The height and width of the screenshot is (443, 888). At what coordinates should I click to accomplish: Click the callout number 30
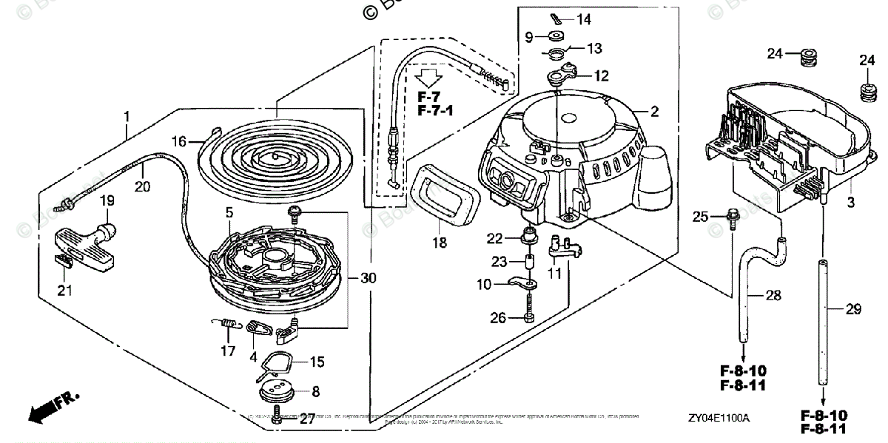[x=368, y=278]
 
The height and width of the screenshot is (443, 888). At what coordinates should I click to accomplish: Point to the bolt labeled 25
[x=732, y=217]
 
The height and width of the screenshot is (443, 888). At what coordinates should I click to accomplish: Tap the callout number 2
[x=654, y=112]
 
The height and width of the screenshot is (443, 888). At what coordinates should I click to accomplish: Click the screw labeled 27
[x=277, y=416]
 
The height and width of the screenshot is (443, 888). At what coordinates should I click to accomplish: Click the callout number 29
[x=854, y=310]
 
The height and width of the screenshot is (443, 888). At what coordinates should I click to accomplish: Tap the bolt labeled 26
[x=528, y=314]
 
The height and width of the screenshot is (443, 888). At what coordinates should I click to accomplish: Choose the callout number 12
[x=600, y=75]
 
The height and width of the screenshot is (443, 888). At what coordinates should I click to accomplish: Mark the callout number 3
[x=850, y=202]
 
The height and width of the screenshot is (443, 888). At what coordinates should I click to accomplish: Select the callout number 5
[x=230, y=211]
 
